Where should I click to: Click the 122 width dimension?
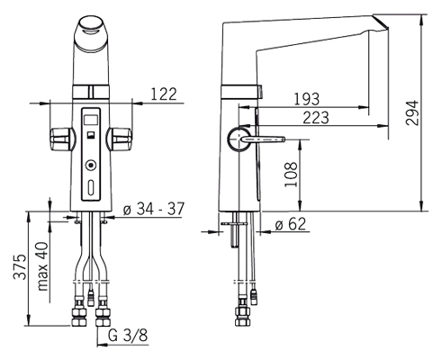pos(164,94)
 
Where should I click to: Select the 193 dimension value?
pos(306,99)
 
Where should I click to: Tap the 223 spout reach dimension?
pos(316,118)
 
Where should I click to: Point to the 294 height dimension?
pos(411,112)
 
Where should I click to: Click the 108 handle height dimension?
pos(291,175)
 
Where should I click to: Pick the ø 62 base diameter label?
pos(290,225)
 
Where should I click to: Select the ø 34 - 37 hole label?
pos(154,209)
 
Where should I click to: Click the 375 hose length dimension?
pos(20,267)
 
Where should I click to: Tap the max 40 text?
pos(42,266)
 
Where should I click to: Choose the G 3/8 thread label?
pos(128,336)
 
